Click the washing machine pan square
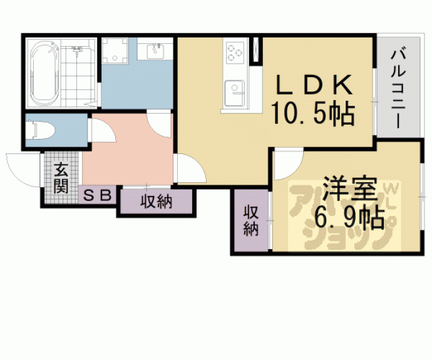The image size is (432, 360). coord(115,51)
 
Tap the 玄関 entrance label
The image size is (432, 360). coord(61,178)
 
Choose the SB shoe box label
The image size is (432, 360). coord(98,195)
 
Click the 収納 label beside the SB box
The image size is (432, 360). coord(156,202)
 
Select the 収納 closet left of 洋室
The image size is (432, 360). coord(250,220)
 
